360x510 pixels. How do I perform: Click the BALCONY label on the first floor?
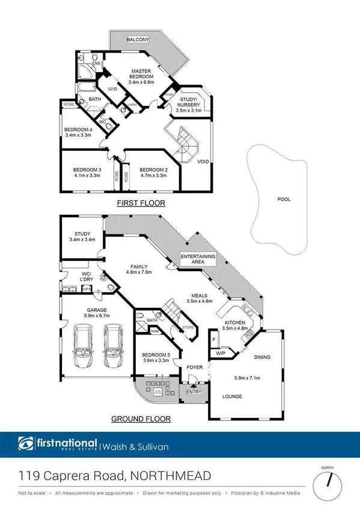click(138, 40)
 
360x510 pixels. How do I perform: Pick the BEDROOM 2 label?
click(152, 169)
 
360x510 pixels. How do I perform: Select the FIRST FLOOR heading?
click(141, 203)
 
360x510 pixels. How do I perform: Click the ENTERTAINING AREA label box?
click(198, 259)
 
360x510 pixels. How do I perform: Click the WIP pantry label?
click(220, 353)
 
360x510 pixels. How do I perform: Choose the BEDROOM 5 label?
click(156, 355)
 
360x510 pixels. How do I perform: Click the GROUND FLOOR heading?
click(141, 419)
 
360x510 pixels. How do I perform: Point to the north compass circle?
click(328, 481)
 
